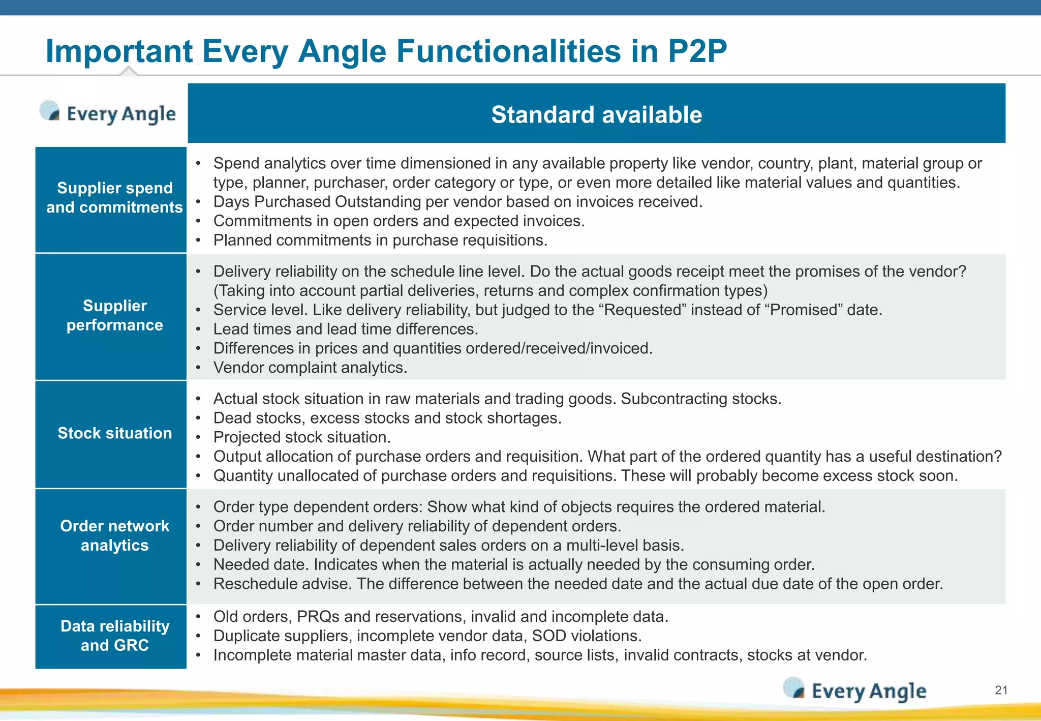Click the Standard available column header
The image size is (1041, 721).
pos(596,114)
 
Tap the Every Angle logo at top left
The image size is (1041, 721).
pos(108,113)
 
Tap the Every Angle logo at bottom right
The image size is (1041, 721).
pos(855,690)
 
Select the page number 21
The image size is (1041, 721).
pos(1001,690)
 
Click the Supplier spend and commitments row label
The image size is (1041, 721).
pos(114,198)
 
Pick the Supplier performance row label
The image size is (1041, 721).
pos(114,315)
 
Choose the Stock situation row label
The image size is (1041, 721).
pos(114,433)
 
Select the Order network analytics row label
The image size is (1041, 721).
pos(114,535)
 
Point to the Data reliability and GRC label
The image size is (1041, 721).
pos(114,636)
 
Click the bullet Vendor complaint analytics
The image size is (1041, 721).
pos(310,368)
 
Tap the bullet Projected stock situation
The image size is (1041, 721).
pos(302,437)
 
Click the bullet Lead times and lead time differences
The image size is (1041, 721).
pos(346,329)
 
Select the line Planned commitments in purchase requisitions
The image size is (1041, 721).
pos(380,240)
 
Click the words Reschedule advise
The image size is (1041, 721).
pos(282,584)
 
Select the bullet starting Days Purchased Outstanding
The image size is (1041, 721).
pos(457,202)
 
